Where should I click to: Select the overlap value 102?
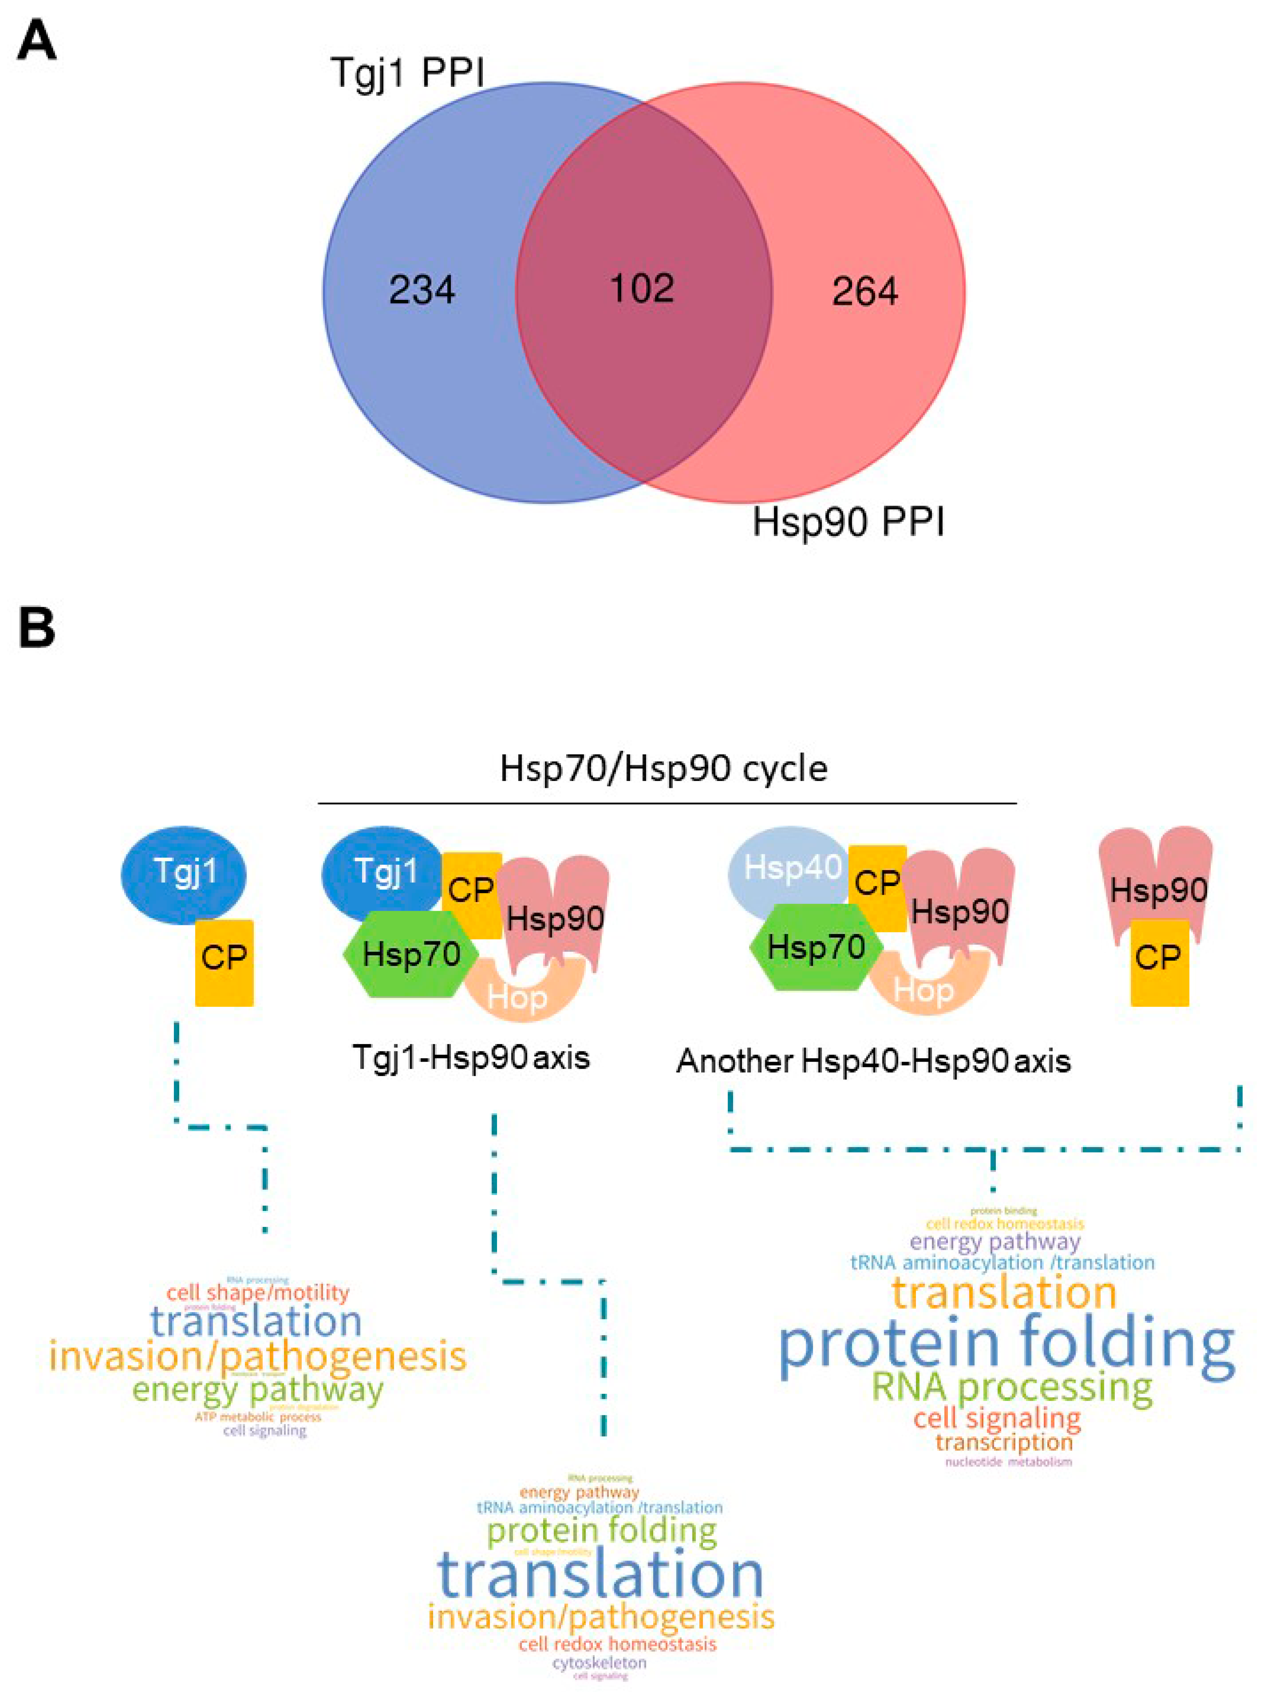click(x=642, y=288)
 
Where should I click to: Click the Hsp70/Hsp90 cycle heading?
click(x=663, y=768)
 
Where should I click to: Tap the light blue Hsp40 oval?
click(x=791, y=867)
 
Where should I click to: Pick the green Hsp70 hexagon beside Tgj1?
click(x=411, y=954)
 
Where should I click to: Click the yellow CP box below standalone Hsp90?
click(x=1159, y=962)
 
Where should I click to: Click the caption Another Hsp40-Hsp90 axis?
click(x=873, y=1061)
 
